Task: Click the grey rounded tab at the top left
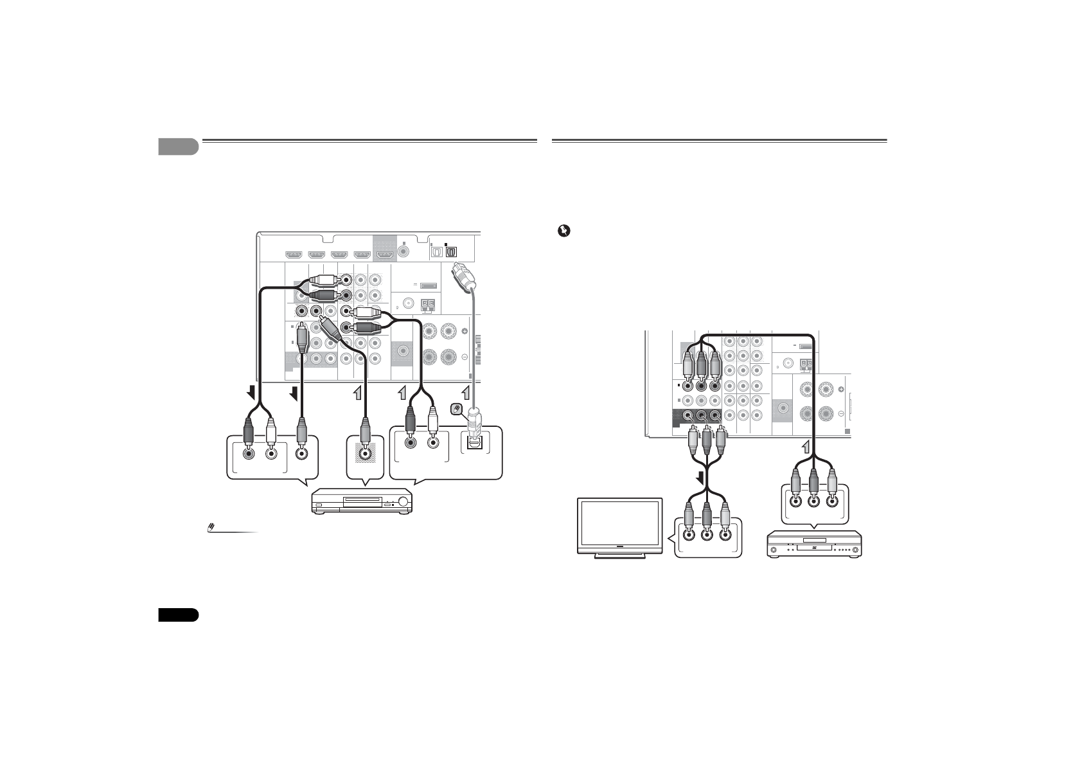178,147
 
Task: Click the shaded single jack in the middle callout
365,453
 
